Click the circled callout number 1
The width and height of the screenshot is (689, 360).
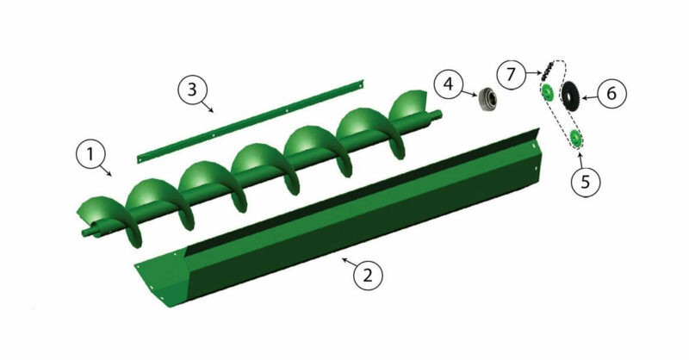coord(90,156)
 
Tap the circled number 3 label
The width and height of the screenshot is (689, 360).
coord(193,90)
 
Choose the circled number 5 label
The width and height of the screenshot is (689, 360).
coord(586,182)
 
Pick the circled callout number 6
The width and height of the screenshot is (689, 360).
coord(611,93)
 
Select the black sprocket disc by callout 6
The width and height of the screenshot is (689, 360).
coord(568,94)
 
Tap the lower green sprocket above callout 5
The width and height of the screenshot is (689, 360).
coord(574,140)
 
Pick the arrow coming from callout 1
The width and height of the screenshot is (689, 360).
coord(109,171)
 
